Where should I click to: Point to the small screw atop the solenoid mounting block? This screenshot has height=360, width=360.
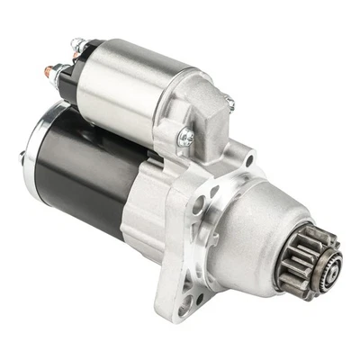[x=229, y=104]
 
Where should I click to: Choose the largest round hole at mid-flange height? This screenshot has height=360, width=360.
[x=197, y=204]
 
